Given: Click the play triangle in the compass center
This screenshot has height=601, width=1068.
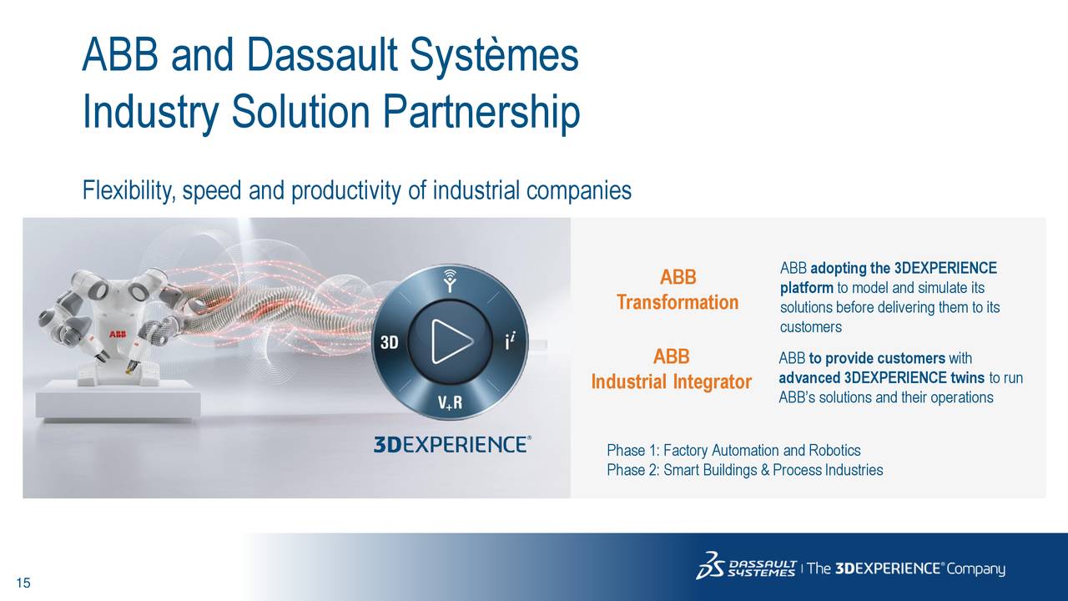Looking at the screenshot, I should click(451, 341).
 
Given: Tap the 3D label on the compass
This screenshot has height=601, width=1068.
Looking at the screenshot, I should click(389, 343).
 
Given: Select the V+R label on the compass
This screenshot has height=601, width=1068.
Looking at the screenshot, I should click(451, 404).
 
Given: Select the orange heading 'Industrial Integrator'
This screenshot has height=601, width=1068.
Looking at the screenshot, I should click(672, 382).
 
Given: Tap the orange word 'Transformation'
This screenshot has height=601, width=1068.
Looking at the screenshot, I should click(677, 302).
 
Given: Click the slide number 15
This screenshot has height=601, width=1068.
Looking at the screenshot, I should click(23, 583).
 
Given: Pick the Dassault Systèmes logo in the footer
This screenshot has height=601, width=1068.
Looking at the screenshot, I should click(746, 566).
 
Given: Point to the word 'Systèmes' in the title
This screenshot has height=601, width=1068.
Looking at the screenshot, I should click(493, 55).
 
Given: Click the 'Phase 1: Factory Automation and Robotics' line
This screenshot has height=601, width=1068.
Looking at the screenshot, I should click(733, 451).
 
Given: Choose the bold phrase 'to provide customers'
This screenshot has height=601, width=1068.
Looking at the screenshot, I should click(876, 359).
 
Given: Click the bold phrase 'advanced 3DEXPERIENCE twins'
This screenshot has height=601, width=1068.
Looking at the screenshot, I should click(881, 378).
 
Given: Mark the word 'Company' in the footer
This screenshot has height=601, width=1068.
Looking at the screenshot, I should click(976, 569).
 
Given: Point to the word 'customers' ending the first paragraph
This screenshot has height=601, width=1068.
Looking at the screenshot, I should click(810, 327).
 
